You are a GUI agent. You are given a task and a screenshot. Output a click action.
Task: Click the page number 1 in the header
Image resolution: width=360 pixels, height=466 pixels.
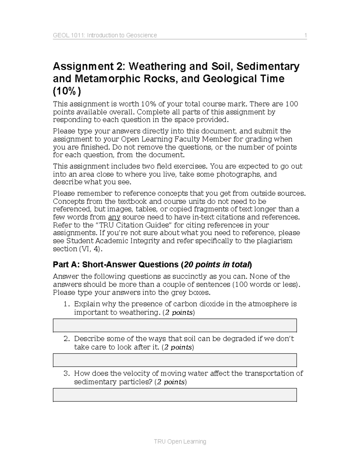tap(305, 35)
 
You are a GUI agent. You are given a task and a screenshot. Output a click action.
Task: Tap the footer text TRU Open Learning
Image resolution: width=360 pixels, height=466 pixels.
tap(180, 441)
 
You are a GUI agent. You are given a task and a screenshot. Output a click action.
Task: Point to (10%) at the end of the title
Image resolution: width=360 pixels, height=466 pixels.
tap(67, 91)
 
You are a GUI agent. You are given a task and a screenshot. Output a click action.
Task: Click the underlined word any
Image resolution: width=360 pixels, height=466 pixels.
tap(114, 217)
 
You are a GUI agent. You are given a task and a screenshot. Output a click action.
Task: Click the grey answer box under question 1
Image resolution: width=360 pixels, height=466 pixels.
tap(175, 325)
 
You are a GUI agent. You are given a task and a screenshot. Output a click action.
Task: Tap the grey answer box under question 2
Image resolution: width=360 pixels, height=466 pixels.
tap(175, 360)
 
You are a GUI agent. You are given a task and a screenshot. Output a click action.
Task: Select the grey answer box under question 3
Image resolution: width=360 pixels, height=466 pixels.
tap(175, 395)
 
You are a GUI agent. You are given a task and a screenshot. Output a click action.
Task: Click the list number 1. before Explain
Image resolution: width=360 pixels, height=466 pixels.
tap(67, 304)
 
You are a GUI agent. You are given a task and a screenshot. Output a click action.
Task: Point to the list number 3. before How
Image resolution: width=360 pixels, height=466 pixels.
tap(67, 374)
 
